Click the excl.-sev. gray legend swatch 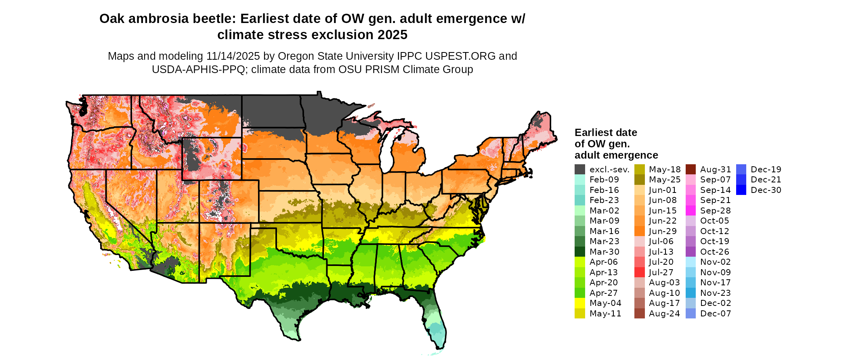pos(579,170)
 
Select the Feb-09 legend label pos(604,180)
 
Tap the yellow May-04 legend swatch pos(579,303)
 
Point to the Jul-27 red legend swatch pos(639,272)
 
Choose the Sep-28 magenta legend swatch pos(691,211)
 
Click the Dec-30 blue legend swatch pos(741,190)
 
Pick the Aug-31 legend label pos(716,170)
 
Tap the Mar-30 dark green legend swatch pos(579,252)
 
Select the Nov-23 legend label pos(716,293)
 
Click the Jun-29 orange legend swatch pos(639,231)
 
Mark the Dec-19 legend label pos(766,170)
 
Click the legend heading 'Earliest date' pos(606,133)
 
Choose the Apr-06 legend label pos(604,262)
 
